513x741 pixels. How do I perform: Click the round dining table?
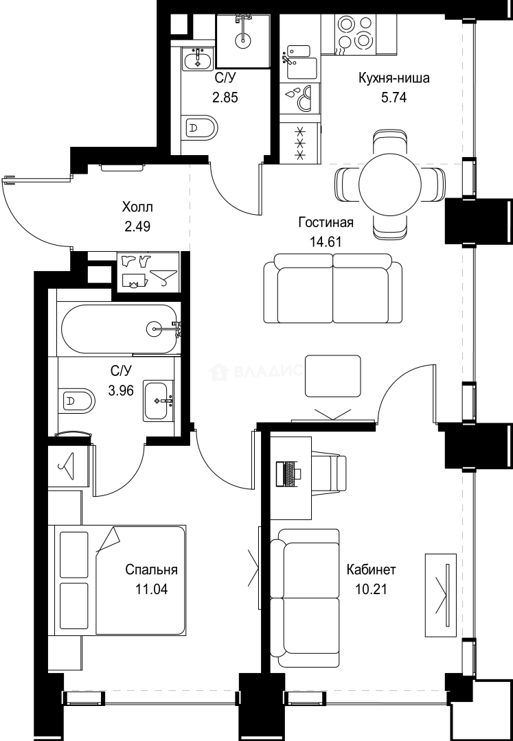tap(389, 185)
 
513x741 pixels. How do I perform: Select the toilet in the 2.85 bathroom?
tap(201, 128)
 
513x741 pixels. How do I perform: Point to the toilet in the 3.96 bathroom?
tap(77, 399)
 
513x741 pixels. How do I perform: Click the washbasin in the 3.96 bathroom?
tap(159, 400)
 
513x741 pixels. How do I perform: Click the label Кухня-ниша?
tap(394, 78)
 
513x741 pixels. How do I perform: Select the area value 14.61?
tap(326, 241)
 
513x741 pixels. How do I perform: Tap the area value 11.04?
tap(152, 589)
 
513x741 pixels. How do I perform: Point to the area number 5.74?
tap(394, 97)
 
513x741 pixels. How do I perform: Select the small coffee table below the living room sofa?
tap(333, 376)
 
